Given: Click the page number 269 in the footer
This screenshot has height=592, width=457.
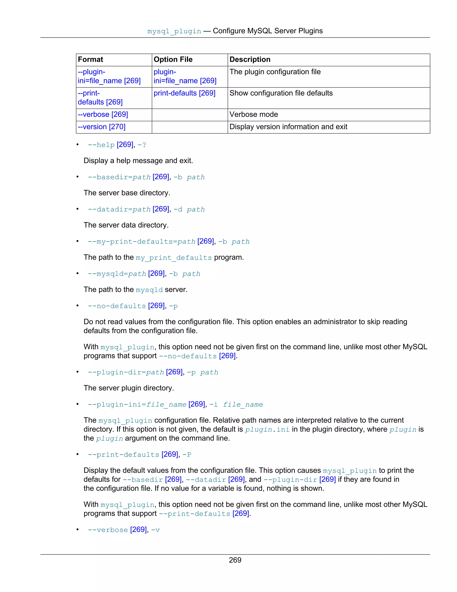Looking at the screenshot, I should [235, 560].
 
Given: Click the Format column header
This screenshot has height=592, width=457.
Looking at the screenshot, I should [90, 60].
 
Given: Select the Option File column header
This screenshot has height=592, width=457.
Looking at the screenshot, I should [173, 60].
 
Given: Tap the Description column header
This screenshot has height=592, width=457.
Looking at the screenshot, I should [250, 60].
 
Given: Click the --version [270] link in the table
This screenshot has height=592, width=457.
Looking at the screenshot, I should [102, 127].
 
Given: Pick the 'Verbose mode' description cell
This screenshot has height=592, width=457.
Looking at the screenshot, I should [254, 114].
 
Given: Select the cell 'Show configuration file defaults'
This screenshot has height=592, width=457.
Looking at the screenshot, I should [281, 93].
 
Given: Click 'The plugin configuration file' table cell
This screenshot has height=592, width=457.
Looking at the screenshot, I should [275, 72].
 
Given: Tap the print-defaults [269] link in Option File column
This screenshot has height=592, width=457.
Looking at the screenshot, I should [184, 93].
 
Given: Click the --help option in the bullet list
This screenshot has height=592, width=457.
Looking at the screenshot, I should [101, 145].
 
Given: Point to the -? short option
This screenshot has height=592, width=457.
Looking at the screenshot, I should [142, 145].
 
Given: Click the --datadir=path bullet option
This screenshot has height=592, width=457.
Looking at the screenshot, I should [119, 210].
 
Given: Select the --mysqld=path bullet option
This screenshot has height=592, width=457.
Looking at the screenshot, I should [117, 274].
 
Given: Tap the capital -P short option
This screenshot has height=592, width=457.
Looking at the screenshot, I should [187, 455].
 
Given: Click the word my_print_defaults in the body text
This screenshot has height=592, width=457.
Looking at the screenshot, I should [174, 258].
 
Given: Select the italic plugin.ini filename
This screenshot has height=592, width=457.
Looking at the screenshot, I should [267, 430].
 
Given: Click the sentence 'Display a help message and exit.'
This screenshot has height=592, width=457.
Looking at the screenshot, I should [138, 161].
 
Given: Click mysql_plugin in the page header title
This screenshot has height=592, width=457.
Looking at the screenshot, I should [174, 31].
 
